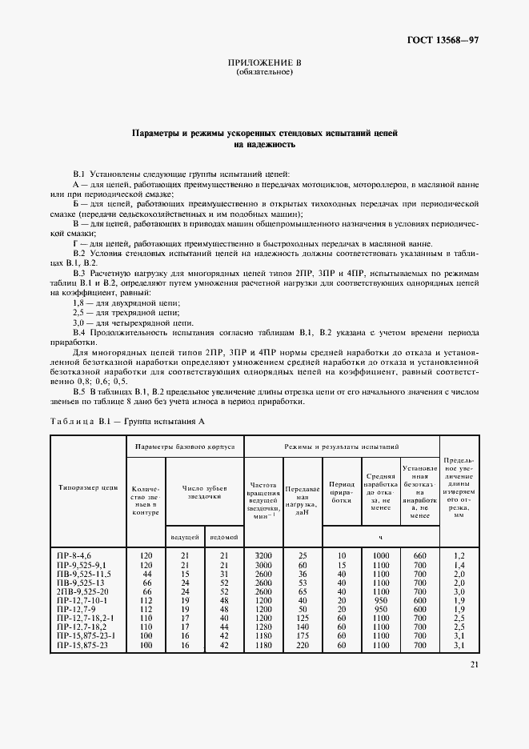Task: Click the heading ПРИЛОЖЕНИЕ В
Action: (264, 62)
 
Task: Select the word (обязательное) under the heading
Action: (264, 72)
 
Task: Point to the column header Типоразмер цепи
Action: (88, 486)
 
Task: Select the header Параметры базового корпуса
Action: (184, 445)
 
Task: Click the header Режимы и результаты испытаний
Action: (342, 445)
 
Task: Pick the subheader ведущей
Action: (185, 536)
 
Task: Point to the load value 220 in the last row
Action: (302, 644)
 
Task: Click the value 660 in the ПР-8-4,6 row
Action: (419, 555)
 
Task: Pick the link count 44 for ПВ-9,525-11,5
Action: (146, 572)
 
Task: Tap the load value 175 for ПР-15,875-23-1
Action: (302, 635)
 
